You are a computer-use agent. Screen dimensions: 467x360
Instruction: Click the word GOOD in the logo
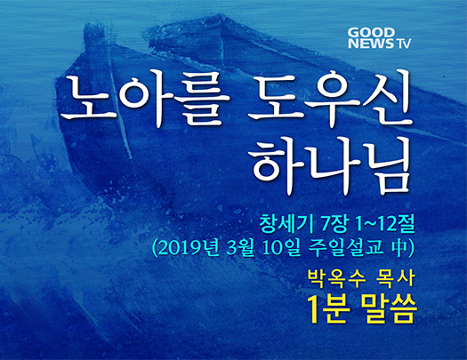[x=371, y=32]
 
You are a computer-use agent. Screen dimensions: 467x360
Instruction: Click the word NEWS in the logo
[x=371, y=44]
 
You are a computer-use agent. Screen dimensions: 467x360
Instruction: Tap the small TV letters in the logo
[x=403, y=44]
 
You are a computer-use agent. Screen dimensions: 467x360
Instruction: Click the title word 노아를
[x=146, y=99]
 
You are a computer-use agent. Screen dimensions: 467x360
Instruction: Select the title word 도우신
[x=330, y=97]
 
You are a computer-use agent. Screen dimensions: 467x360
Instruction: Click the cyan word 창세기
[x=286, y=224]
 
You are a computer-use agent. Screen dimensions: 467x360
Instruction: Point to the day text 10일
[x=281, y=247]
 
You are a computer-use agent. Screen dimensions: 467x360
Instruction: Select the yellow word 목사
[x=396, y=278]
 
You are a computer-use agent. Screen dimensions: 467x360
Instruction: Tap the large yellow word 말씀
[x=387, y=309]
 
